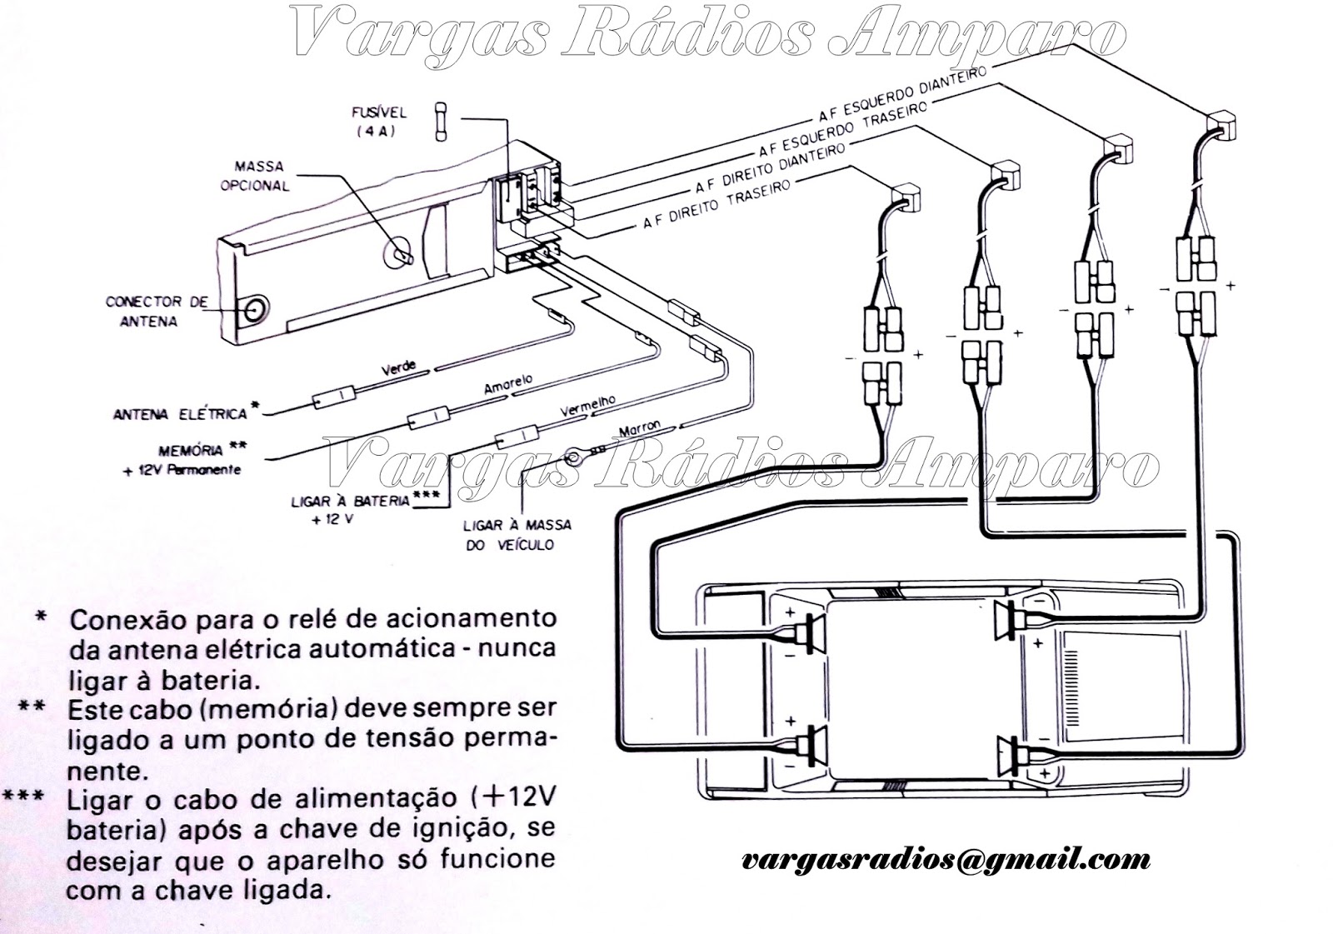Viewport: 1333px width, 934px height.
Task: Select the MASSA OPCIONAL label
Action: coord(255,177)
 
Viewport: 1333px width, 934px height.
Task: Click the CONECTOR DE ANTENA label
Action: coord(157,310)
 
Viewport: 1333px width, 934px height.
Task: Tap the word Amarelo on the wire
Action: coord(507,385)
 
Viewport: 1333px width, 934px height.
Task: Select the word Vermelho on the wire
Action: coord(587,407)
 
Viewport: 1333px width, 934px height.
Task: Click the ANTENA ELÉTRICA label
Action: coord(181,413)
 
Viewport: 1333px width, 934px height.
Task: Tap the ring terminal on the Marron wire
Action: coord(573,455)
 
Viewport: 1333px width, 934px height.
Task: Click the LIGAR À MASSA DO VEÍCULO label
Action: coord(517,535)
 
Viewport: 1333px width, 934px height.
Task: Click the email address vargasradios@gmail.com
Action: coord(946,859)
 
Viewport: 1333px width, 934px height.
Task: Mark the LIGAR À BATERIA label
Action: coord(350,501)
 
